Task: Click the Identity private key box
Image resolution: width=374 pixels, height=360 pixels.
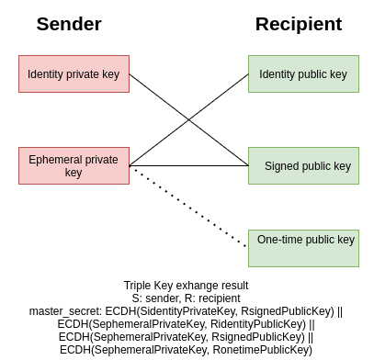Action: [74, 73]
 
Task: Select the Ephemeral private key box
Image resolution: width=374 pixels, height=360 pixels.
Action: [74, 165]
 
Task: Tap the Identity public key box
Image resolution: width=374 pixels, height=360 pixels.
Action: [303, 73]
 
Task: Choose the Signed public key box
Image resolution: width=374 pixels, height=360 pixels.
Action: [303, 165]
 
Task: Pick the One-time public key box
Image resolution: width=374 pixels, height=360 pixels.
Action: [303, 248]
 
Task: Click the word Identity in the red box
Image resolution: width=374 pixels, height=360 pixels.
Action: [46, 74]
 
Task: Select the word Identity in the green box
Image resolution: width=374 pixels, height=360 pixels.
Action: [278, 74]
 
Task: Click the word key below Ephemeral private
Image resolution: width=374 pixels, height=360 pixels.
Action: [74, 173]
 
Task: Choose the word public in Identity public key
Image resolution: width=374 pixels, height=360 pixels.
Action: [313, 74]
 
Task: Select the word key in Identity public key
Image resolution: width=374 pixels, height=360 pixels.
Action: [339, 74]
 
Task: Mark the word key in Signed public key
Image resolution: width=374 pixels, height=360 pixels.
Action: [343, 166]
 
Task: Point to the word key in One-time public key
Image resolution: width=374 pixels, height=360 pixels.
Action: [346, 240]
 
